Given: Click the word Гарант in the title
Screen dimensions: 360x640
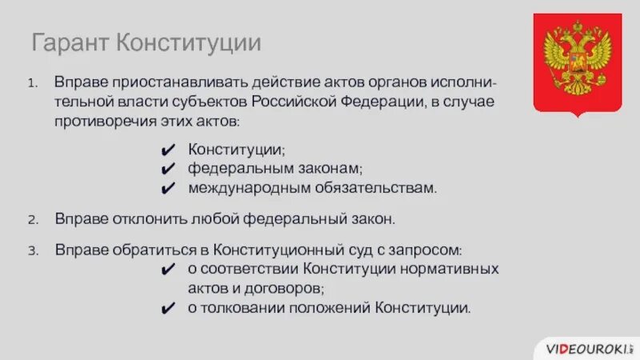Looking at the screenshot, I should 70,42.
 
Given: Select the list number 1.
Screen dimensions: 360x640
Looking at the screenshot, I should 31,83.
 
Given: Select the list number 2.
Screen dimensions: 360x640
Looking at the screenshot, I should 32,218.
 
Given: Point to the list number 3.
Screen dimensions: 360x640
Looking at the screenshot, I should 32,250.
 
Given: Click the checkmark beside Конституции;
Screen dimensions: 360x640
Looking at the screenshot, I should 167,150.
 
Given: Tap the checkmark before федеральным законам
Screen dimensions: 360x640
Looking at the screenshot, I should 167,170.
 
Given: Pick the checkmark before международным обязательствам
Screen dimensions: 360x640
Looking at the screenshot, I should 167,189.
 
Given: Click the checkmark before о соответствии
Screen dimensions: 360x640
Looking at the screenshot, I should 167,270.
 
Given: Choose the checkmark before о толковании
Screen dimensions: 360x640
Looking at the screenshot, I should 167,308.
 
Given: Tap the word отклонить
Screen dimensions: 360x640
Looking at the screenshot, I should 138,218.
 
